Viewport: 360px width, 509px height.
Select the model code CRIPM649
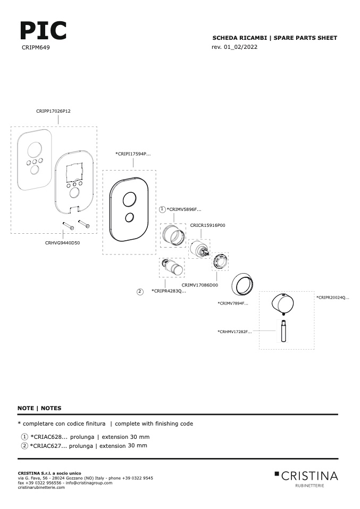click(36, 47)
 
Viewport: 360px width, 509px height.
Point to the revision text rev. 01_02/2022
click(235, 47)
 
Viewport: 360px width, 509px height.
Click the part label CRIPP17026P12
click(53, 111)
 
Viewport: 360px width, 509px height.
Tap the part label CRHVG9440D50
click(62, 243)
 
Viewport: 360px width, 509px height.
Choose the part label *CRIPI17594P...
click(133, 154)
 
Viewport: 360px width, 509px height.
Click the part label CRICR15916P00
click(207, 225)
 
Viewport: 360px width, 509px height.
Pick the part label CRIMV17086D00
click(200, 285)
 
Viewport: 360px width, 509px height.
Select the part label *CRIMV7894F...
click(233, 303)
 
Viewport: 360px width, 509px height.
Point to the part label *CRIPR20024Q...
click(333, 298)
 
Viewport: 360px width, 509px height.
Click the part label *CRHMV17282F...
click(235, 332)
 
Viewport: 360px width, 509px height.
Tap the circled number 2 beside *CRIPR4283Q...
click(140, 292)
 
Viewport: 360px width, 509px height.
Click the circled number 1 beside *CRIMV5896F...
click(163, 209)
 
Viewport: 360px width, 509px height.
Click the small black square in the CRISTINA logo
click(277, 473)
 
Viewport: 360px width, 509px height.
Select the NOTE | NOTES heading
click(39, 408)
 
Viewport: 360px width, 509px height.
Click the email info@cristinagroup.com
click(89, 483)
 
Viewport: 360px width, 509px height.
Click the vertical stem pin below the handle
click(282, 331)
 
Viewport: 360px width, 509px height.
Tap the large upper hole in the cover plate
click(129, 199)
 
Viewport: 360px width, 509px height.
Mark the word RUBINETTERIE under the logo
click(309, 486)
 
